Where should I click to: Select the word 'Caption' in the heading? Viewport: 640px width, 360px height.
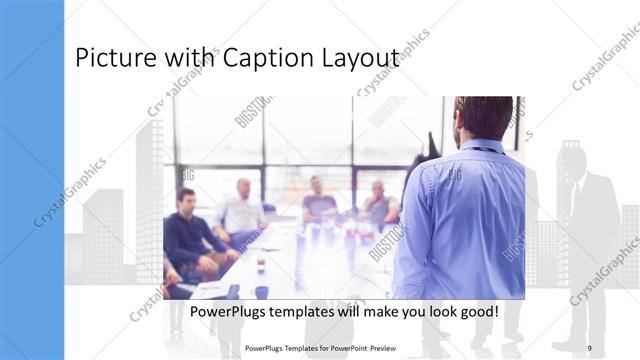(270, 60)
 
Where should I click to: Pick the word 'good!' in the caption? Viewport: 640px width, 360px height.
(476, 312)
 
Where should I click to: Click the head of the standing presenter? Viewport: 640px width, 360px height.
(483, 117)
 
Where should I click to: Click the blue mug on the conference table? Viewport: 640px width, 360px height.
(261, 292)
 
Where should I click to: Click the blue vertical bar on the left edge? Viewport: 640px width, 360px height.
(32, 180)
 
